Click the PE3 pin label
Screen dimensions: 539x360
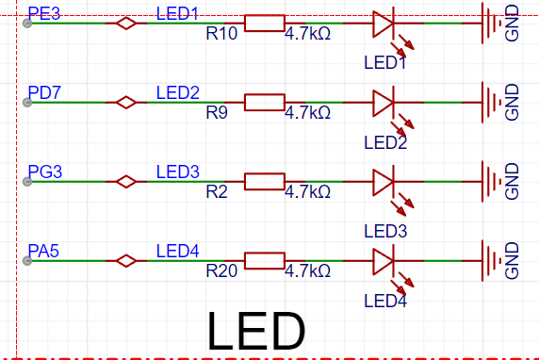point(44,13)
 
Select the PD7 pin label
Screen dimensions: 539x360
point(44,92)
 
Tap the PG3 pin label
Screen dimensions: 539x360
point(44,172)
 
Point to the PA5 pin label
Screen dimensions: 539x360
point(43,251)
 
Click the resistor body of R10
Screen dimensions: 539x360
point(265,23)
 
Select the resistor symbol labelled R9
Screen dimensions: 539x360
point(265,102)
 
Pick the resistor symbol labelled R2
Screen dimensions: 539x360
point(265,182)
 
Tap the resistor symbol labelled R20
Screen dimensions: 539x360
point(265,261)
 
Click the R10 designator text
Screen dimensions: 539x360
point(221,33)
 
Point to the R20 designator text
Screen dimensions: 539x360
point(221,271)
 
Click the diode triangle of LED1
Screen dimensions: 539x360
point(384,24)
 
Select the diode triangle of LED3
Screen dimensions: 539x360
point(384,182)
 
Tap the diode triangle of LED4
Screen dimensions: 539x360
point(384,261)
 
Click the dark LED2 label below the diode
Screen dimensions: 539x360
point(385,142)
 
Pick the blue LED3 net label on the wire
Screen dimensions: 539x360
point(178,172)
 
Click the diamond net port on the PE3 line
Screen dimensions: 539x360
point(126,23)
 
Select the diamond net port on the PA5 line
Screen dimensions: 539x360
point(126,261)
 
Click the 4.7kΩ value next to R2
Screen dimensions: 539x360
point(307,192)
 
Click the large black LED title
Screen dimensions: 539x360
point(256,331)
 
